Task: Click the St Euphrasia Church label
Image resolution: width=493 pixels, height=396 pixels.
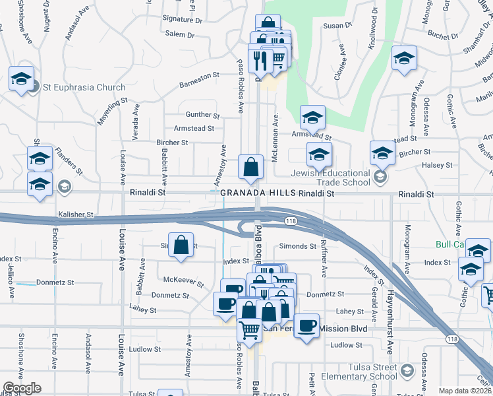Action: point(84,87)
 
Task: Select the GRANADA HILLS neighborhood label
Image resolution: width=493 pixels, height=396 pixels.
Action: point(258,193)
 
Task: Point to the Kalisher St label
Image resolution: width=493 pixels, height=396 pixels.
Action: point(76,215)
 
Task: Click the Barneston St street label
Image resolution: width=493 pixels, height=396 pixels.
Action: point(199,80)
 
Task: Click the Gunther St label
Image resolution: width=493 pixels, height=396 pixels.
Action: point(202,114)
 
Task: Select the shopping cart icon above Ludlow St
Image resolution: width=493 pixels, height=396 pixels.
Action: point(249,328)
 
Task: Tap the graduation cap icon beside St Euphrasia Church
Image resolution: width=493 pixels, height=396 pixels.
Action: point(21,79)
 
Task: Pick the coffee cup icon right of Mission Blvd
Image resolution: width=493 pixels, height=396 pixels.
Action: point(306,326)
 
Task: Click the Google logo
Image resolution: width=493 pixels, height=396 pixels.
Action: point(22,388)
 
